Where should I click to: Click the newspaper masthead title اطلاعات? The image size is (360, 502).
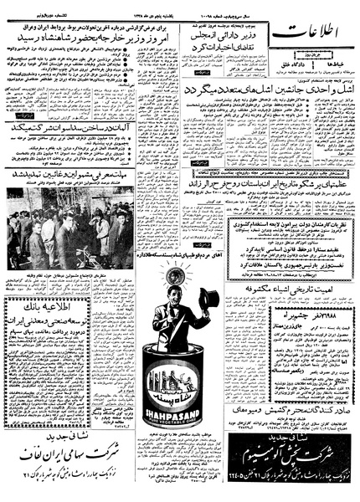point(311,34)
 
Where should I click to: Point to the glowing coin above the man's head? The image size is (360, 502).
point(173,273)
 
